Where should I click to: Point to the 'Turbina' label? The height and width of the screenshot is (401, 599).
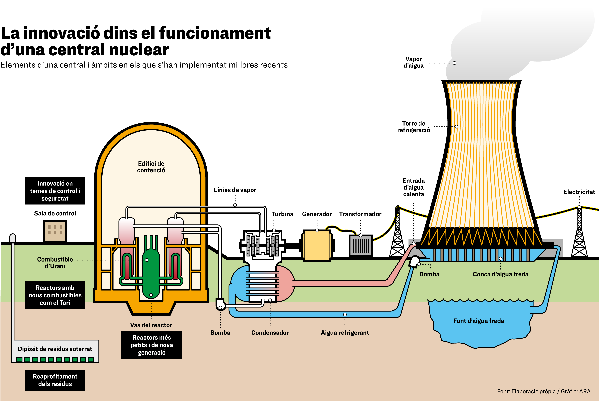click(x=282, y=214)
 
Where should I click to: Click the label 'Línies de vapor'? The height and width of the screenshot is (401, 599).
click(x=235, y=190)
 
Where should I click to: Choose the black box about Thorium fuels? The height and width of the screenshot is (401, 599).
click(x=55, y=295)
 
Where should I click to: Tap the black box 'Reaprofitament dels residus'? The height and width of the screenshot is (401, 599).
click(x=55, y=380)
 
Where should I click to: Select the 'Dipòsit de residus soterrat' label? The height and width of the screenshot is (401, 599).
click(x=55, y=349)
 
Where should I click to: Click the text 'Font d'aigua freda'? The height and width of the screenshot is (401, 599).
click(x=479, y=321)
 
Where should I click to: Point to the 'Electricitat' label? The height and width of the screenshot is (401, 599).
click(x=579, y=192)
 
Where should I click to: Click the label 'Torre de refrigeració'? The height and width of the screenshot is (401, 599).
click(x=413, y=127)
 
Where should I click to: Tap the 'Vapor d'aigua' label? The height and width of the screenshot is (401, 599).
click(x=413, y=62)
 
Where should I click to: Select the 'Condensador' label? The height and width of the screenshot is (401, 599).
click(x=270, y=333)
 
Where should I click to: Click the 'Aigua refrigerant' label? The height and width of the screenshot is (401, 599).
click(x=345, y=333)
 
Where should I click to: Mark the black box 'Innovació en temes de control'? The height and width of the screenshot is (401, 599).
click(x=55, y=191)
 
